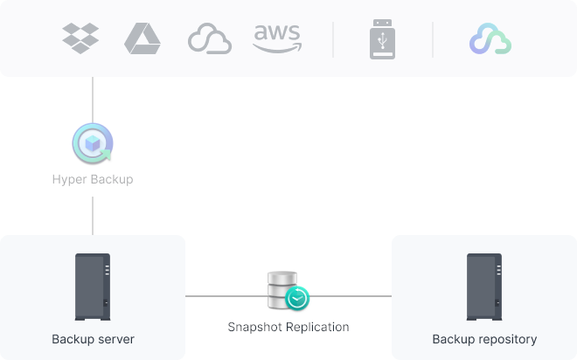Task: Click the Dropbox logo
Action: pos(80,38)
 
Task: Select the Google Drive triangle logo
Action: pos(143,38)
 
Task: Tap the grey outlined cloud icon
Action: pos(210,38)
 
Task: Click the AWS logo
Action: pos(277,38)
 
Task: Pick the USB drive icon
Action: pos(382,39)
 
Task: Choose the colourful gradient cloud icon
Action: pos(490,38)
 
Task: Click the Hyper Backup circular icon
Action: pos(93,143)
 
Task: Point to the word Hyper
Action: pos(70,179)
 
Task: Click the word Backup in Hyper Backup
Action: pos(112,179)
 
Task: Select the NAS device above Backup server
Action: pos(93,287)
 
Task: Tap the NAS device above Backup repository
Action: pos(484,287)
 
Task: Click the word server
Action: pos(116,339)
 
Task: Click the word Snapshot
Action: pos(254,328)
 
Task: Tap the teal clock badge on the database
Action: pos(297,298)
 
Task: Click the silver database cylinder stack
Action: pos(282,290)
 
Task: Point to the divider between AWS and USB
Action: pos(333,39)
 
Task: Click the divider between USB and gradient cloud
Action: pos(433,39)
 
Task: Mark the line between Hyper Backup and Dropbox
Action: pos(93,100)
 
